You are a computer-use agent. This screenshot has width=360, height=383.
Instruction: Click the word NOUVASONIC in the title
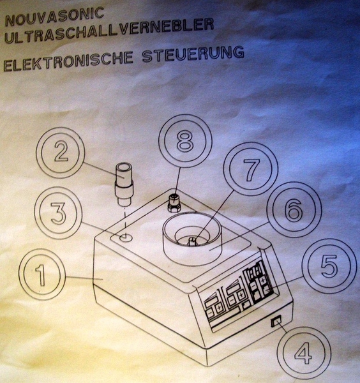[x=54, y=16]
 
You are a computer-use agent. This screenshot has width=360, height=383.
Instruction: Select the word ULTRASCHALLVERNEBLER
[x=109, y=31]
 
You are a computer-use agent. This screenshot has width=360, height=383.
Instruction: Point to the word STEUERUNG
[x=193, y=55]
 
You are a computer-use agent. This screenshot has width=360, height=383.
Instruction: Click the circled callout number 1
[x=42, y=274]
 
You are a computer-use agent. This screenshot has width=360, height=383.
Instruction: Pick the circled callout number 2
[x=61, y=153]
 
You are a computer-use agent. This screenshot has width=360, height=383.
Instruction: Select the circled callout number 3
[x=59, y=213]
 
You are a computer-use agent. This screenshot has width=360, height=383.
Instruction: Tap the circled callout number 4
[x=304, y=354]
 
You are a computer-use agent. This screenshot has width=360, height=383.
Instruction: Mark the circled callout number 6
[x=294, y=209]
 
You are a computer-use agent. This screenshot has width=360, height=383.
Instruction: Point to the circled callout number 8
[x=185, y=140]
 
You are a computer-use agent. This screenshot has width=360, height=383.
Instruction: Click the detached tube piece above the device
[x=124, y=184]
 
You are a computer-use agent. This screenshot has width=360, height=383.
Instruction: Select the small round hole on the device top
[x=126, y=237]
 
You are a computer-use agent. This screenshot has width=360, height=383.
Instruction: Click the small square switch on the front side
[x=276, y=321]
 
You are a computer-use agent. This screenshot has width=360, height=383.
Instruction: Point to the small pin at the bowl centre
[x=191, y=241]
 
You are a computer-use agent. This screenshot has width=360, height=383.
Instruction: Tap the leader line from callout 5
[x=285, y=283]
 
